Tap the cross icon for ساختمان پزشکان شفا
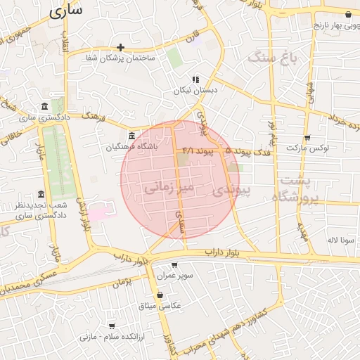[x=121, y=48]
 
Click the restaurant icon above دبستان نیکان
[x=195, y=79]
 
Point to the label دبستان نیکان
[x=195, y=91]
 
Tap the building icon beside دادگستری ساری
[x=45, y=106]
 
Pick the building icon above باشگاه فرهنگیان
[x=131, y=136]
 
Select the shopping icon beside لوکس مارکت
[x=307, y=138]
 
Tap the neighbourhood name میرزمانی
[x=167, y=188]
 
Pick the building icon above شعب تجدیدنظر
[x=41, y=194]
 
